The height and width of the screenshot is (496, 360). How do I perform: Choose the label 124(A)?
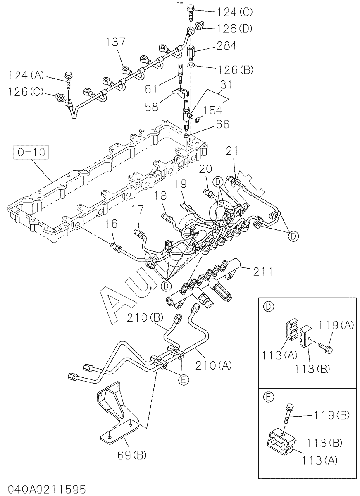[26, 76]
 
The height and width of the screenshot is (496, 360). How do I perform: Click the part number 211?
[263, 272]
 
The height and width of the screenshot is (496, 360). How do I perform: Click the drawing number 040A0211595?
[43, 490]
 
